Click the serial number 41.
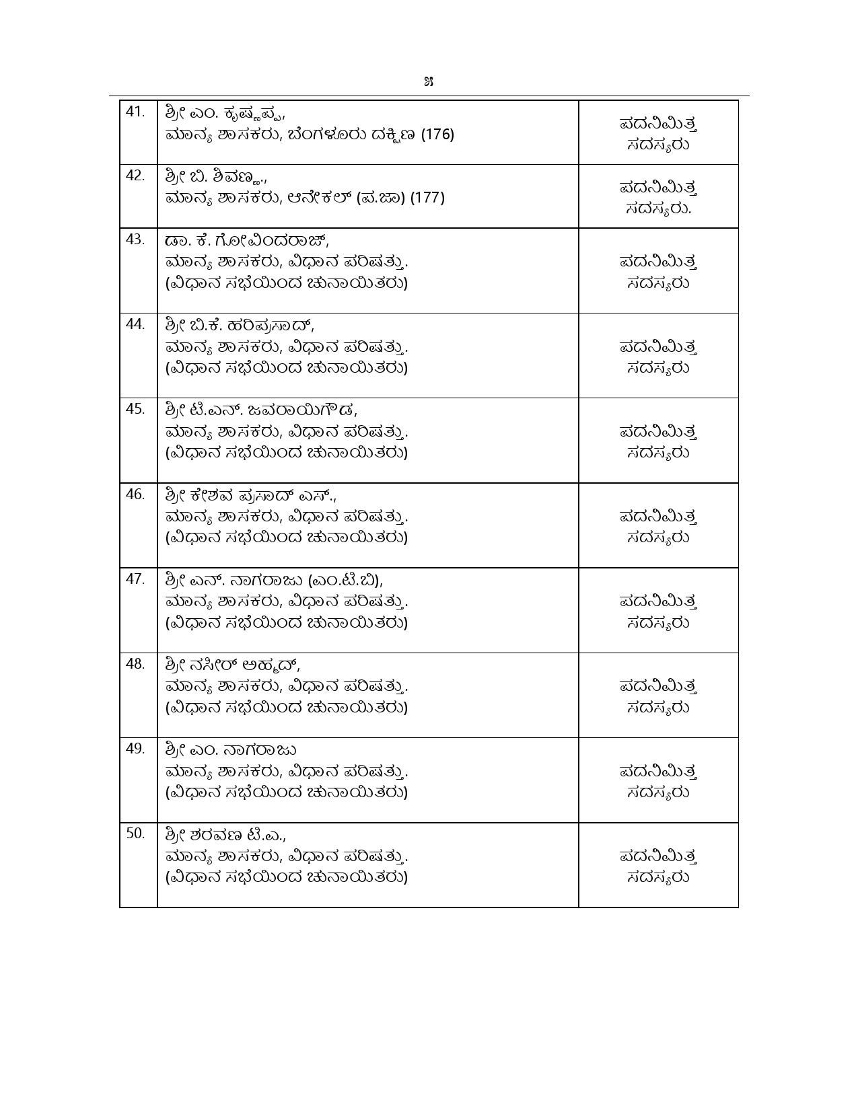(135, 112)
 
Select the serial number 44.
(135, 324)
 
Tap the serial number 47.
(135, 579)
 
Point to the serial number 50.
(135, 834)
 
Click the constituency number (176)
(437, 135)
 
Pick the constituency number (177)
(427, 198)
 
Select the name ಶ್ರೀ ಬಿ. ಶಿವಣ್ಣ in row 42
(215, 178)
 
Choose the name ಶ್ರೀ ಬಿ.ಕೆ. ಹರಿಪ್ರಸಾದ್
(238, 326)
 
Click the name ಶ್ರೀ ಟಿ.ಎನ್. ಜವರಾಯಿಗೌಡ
(260, 410)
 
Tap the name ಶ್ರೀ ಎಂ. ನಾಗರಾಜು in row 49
(230, 750)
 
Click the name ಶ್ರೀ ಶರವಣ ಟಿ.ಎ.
(224, 835)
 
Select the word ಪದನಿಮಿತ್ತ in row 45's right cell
(657, 431)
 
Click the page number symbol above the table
(429, 82)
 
